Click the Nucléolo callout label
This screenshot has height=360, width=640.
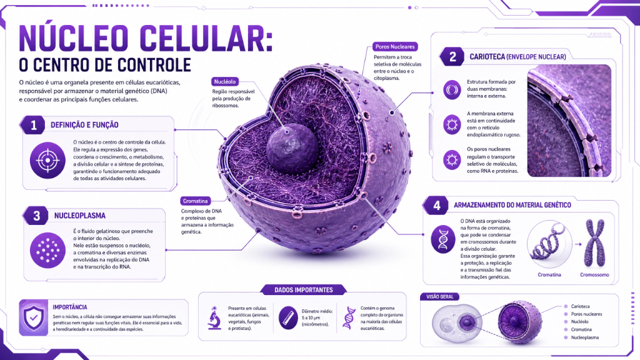(x=225, y=82)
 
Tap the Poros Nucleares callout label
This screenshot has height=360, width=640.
(x=395, y=46)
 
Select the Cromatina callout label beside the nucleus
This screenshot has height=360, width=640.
(x=195, y=201)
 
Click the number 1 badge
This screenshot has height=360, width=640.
(x=34, y=125)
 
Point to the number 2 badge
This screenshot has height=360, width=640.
(x=452, y=57)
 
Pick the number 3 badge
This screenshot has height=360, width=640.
(x=36, y=216)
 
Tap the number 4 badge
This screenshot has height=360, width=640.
(x=436, y=205)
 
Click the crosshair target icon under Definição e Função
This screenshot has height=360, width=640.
(x=47, y=161)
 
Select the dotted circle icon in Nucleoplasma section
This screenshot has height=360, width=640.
(x=47, y=250)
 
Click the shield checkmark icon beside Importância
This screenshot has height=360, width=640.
(x=34, y=318)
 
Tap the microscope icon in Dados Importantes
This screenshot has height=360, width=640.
(x=214, y=318)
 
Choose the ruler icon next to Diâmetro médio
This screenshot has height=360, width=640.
(x=288, y=317)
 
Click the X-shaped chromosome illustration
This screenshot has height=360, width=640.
(x=595, y=243)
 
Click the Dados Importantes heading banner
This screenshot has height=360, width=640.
(x=304, y=290)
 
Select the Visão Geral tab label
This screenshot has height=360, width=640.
(x=439, y=297)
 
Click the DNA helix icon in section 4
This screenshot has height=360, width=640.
(x=443, y=239)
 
